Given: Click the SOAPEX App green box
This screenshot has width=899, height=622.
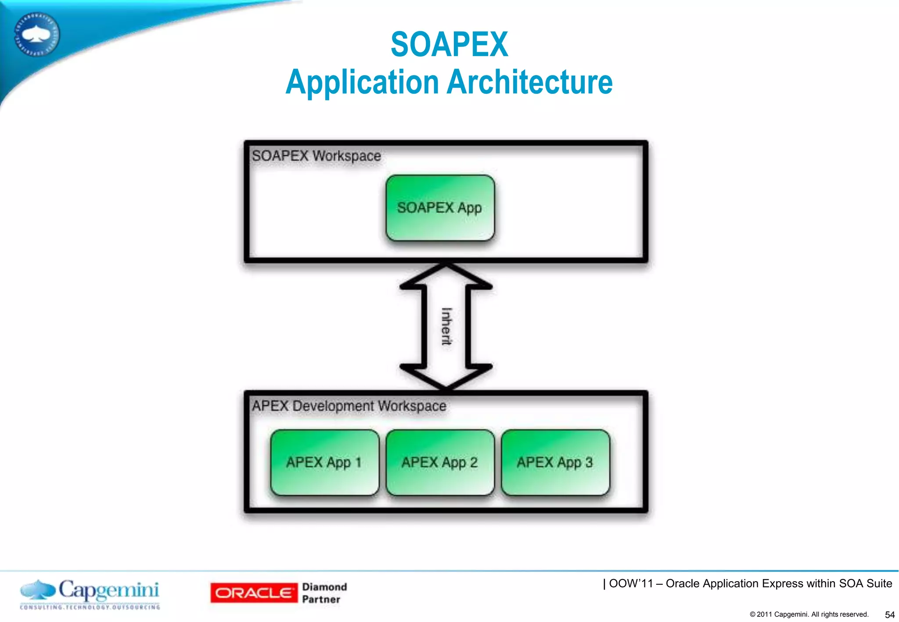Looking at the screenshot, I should pos(440,208).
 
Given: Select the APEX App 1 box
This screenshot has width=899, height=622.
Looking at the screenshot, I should pos(324,462).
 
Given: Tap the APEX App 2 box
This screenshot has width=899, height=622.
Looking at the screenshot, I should pos(440,462).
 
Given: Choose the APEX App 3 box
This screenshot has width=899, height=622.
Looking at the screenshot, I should pos(555,462).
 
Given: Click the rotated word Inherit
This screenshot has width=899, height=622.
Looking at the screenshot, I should pos(446,327).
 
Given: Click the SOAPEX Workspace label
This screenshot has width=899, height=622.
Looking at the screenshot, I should pos(316,156).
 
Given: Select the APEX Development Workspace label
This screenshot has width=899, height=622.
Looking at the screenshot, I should pos(349,406).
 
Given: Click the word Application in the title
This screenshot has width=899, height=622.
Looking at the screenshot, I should pos(362,82).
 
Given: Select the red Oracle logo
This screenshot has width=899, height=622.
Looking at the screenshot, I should pos(254,593).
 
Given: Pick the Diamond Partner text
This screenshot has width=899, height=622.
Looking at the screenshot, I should pos(324,593).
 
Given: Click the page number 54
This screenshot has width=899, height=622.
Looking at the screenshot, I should pos(890,615).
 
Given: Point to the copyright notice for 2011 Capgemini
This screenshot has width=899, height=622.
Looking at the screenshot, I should pos(809,614).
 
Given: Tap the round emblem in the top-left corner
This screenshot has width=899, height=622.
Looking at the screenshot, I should pos(36,34).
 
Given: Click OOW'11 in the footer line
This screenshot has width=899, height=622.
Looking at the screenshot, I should pos(631,583).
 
